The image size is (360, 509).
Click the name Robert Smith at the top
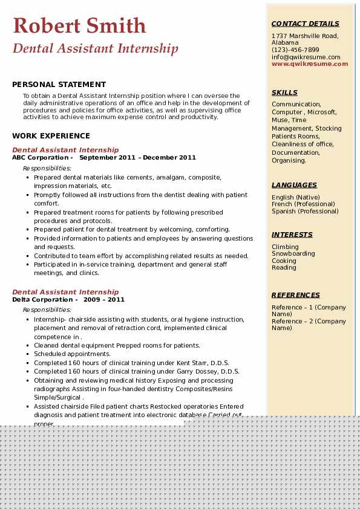(79, 25)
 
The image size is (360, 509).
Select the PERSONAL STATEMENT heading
(59, 85)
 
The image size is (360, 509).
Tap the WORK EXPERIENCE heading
(51, 136)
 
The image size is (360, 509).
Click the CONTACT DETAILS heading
(305, 24)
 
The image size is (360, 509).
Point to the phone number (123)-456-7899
(295, 50)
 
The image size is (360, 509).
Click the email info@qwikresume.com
(306, 57)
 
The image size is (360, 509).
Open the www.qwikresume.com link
(310, 64)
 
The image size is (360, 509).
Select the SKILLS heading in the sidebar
(284, 92)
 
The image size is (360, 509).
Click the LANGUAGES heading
(294, 185)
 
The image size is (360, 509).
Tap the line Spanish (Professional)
(305, 212)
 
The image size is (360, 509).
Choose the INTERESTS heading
(292, 235)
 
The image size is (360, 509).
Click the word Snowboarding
(293, 254)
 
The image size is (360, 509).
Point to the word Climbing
(285, 247)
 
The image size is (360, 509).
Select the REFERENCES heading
(296, 295)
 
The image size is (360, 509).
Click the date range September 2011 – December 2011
(138, 158)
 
